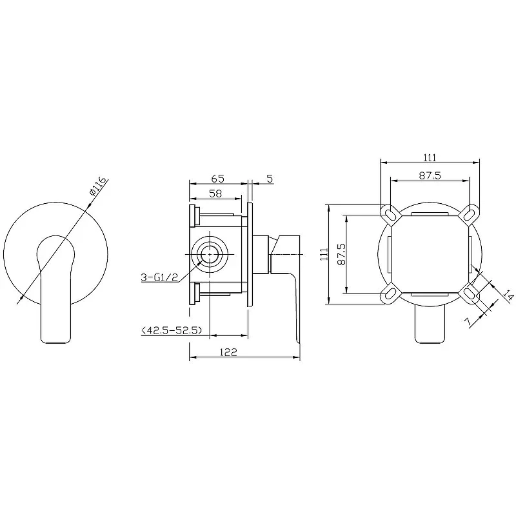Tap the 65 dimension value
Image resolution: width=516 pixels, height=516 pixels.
(217, 179)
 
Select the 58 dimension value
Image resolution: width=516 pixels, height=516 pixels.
(215, 193)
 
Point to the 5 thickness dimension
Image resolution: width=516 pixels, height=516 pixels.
(270, 179)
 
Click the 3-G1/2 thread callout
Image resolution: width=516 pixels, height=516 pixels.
(159, 277)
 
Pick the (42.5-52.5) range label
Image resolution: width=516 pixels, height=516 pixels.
(172, 330)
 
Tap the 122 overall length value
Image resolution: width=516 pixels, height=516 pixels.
(228, 352)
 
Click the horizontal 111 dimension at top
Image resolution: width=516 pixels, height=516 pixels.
(430, 157)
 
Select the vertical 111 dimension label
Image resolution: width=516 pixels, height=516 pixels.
(324, 254)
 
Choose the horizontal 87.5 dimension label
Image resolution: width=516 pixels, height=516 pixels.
(430, 175)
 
